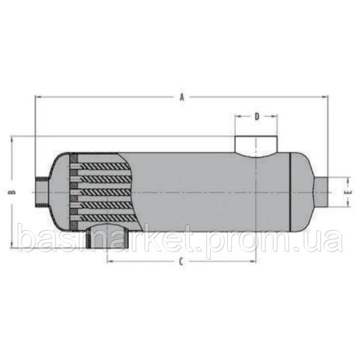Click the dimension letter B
point(12,192)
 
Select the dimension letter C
point(181,261)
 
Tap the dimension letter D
point(257,116)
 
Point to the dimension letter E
point(348,193)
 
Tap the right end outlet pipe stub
point(323,192)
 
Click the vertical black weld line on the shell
point(290,193)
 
